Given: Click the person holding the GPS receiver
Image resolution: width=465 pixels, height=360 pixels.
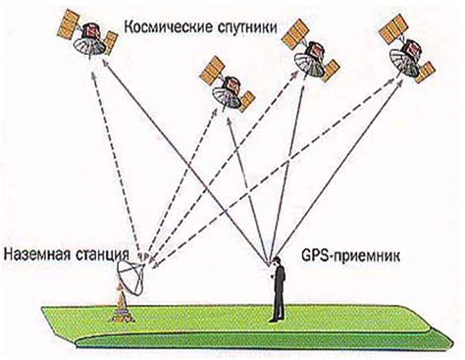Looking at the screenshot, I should tap(278, 294).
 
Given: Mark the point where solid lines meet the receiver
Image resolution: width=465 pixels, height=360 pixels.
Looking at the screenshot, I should tap(272, 265).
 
